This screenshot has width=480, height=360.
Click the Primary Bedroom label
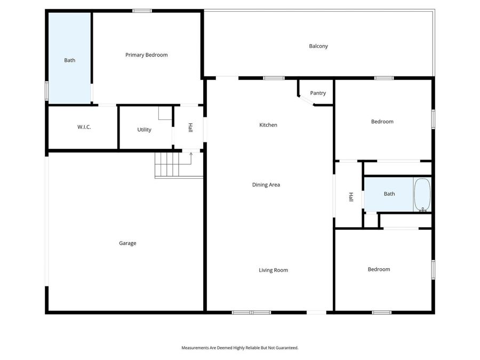coord(146,55)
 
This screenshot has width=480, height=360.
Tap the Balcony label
coord(318,46)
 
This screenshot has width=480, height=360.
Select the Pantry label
coord(318,93)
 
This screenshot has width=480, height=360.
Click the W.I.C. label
coord(84,127)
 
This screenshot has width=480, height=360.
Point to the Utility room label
coord(144,130)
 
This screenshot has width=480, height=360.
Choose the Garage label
coord(127,243)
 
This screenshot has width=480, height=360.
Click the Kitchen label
coord(268,125)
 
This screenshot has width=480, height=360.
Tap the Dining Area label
coord(266,185)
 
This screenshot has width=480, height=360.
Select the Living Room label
coord(273,270)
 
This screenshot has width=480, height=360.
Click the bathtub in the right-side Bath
coord(422,195)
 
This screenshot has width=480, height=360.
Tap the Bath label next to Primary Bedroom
coord(70,60)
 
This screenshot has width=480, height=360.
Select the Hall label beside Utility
coord(190,128)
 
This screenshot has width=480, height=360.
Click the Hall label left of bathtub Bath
coord(350,197)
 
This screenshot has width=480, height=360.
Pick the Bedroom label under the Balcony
coord(382,122)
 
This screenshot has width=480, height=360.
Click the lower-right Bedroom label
coord(379,269)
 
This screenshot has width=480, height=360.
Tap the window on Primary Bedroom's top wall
coord(142,11)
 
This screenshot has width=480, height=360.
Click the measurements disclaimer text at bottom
coord(240,348)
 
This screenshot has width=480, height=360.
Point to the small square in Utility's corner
coord(165,113)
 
